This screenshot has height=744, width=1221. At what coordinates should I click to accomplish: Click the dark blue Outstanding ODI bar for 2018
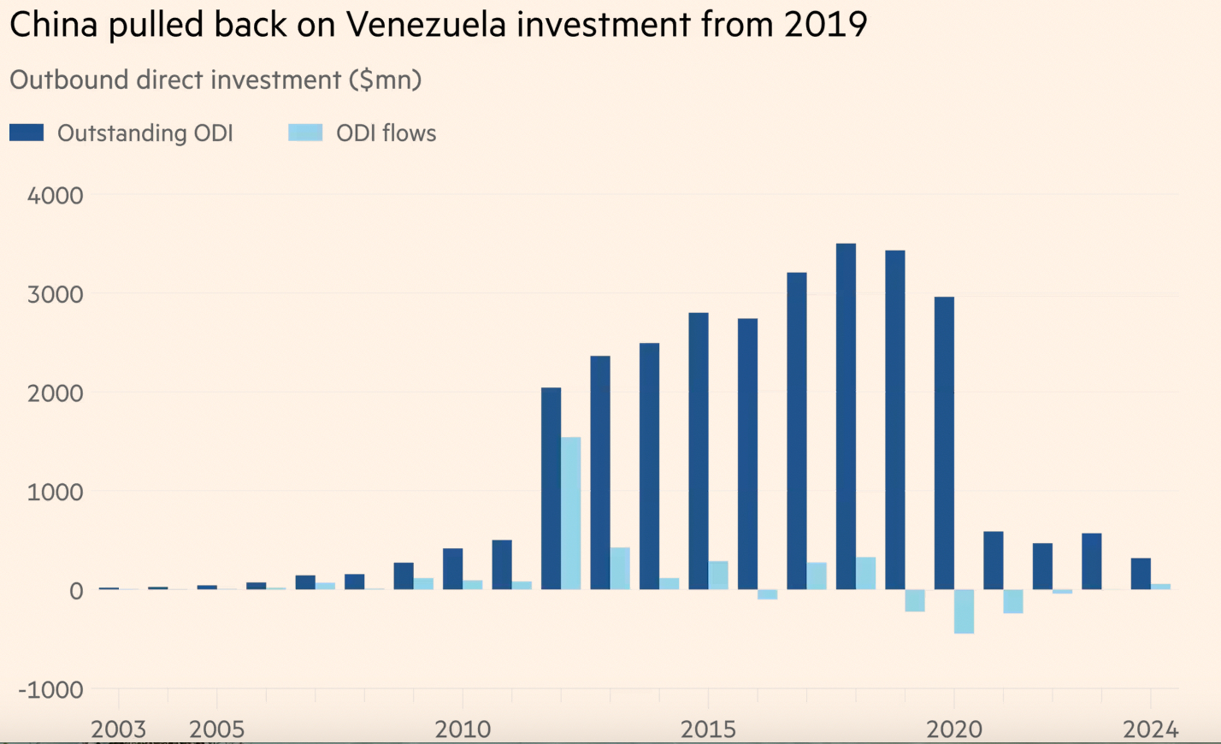click(x=846, y=416)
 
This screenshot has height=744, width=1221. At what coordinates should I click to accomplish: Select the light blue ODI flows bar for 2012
click(x=570, y=513)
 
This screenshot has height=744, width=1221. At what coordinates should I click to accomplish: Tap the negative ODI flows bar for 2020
click(x=964, y=611)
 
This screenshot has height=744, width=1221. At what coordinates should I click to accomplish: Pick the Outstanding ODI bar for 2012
click(x=551, y=488)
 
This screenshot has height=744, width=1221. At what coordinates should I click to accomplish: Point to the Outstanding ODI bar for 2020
click(x=944, y=443)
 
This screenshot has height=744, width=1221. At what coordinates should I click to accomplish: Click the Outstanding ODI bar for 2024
click(x=1141, y=574)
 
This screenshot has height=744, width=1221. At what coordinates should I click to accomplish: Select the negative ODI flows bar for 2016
click(x=767, y=594)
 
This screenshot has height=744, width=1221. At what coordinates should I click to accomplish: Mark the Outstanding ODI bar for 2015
click(x=698, y=451)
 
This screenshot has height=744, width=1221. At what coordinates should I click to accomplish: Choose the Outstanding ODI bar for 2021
click(x=993, y=560)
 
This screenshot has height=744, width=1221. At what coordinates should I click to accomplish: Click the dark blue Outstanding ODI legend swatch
click(x=27, y=133)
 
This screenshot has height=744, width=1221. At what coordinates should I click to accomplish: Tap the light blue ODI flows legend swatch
click(x=305, y=133)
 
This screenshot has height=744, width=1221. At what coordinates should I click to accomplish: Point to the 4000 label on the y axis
click(x=56, y=196)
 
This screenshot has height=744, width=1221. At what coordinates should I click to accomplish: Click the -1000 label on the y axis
click(x=51, y=690)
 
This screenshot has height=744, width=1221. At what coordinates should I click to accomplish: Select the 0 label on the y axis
click(x=76, y=591)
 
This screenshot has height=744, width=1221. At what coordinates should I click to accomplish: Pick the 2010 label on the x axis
click(x=463, y=729)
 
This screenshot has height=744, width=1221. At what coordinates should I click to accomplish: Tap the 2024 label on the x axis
click(x=1150, y=729)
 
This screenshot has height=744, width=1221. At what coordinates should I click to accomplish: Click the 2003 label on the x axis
click(x=118, y=729)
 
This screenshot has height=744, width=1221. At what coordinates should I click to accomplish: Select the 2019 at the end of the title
click(x=825, y=25)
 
